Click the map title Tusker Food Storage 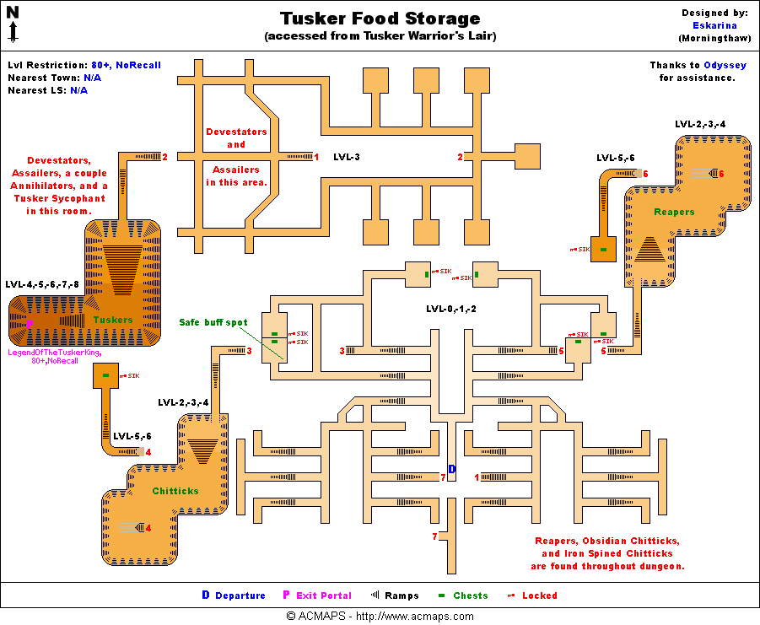380,19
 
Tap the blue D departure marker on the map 451,469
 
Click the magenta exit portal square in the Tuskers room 30,324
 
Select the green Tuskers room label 113,321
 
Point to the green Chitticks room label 175,491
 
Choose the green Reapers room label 674,213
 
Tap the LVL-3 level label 347,157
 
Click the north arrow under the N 13,32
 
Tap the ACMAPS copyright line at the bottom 380,617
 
